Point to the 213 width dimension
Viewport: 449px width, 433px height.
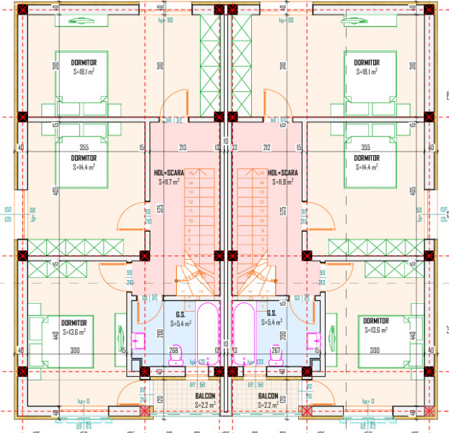tap(183, 148)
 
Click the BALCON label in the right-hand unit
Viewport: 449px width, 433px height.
tap(268, 397)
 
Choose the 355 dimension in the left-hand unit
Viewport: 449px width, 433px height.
tap(84, 148)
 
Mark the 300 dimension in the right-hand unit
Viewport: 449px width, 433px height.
tap(374, 351)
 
